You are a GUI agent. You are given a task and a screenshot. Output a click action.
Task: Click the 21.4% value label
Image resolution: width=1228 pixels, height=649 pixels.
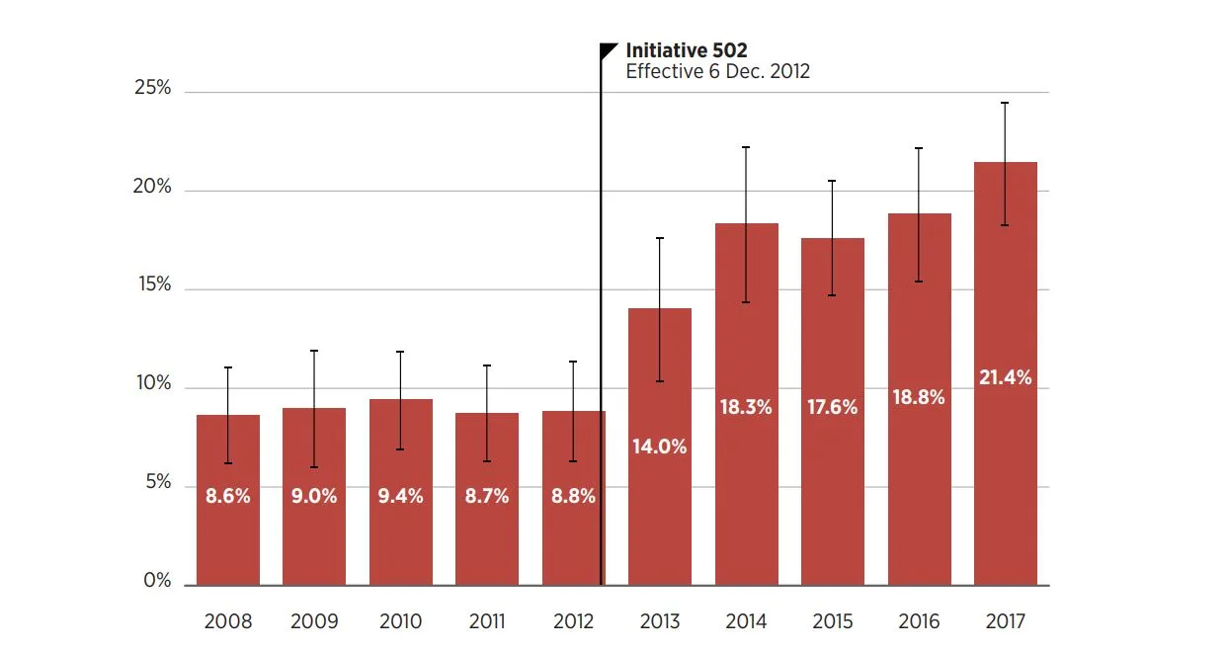(x=1006, y=377)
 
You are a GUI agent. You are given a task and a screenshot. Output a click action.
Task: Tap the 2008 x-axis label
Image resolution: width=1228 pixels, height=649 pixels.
(x=228, y=621)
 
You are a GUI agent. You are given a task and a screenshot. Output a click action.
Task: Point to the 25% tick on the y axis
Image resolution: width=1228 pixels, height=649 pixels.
(x=152, y=88)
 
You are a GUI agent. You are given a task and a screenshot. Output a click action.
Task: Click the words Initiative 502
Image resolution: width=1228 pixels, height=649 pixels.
(x=687, y=50)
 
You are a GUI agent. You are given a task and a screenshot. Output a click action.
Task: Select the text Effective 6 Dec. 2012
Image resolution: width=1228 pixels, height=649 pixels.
(x=717, y=72)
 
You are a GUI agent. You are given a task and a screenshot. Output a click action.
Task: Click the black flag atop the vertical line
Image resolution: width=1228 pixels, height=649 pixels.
(x=609, y=50)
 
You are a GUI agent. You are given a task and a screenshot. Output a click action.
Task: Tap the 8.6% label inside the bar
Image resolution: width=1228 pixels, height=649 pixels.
(x=228, y=496)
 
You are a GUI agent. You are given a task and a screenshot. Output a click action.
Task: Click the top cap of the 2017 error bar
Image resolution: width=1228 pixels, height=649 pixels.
(x=1006, y=103)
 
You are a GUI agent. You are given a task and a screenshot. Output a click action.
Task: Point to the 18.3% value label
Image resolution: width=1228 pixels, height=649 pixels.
(x=746, y=407)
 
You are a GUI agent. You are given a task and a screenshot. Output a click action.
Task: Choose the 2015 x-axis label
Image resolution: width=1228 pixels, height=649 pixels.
(x=833, y=621)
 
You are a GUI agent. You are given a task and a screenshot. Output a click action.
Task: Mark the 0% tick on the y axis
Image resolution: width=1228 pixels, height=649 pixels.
(x=157, y=581)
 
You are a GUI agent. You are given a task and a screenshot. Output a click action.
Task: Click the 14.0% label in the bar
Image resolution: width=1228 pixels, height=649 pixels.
(x=660, y=446)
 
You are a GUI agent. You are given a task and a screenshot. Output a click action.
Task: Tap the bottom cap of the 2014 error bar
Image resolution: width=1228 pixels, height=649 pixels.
(x=746, y=302)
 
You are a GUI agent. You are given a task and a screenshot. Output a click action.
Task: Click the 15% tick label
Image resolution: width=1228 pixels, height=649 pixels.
(x=152, y=285)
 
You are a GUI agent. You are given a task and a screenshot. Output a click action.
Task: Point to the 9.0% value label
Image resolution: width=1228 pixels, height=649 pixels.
(x=314, y=496)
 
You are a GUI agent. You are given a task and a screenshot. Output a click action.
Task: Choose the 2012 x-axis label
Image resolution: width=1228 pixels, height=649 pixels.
(x=574, y=621)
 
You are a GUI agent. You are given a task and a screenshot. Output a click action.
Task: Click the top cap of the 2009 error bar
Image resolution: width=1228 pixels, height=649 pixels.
(x=314, y=351)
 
